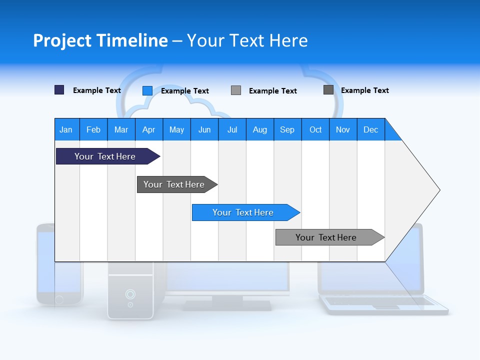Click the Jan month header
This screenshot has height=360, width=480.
click(x=66, y=129)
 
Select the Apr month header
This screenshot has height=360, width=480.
click(x=149, y=129)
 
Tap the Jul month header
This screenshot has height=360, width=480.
click(x=232, y=129)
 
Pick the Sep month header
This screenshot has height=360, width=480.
click(x=287, y=129)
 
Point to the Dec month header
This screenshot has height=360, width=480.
click(x=370, y=129)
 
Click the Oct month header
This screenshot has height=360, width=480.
click(x=315, y=129)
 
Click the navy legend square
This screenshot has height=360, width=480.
click(x=59, y=90)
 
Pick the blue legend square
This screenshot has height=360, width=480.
click(x=147, y=90)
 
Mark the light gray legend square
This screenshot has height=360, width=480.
click(x=236, y=90)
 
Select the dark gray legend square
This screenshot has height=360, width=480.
click(x=328, y=89)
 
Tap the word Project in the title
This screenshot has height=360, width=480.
click(x=62, y=40)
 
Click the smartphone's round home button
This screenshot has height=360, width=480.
click(x=59, y=299)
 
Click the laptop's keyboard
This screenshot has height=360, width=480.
click(x=380, y=301)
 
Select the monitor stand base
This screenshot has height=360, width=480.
click(x=227, y=305)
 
